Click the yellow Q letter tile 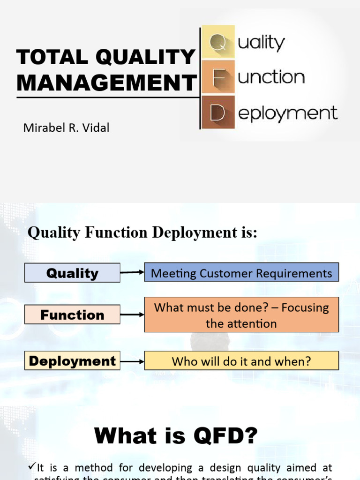[217, 43]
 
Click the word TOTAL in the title [52, 58]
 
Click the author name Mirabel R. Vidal [66, 127]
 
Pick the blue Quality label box [72, 273]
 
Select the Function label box [72, 315]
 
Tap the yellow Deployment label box [72, 361]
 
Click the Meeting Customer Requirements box [241, 273]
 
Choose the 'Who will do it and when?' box [241, 361]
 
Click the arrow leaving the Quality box [132, 272]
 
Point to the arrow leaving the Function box [132, 315]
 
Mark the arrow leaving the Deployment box [132, 361]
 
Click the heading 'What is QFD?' [176, 436]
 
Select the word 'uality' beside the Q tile [261, 43]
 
